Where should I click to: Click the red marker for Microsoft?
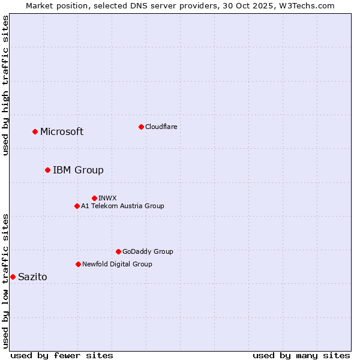[x=35, y=131]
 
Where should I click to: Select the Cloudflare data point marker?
[x=141, y=127]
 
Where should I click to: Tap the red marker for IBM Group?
[x=47, y=170]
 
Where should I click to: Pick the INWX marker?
[x=94, y=198]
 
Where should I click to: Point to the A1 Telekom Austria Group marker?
[x=77, y=206]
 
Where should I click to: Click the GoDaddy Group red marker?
[x=118, y=251]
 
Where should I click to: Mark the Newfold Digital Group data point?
[x=78, y=264]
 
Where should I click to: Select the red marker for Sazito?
[x=13, y=277]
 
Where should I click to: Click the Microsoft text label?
[x=62, y=132]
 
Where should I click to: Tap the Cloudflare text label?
[x=161, y=127]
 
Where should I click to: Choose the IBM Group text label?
[x=78, y=170]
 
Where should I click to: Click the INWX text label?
[x=107, y=198]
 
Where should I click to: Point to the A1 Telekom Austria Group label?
[x=122, y=206]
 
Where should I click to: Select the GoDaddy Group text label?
[x=148, y=251]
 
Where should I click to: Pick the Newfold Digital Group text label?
[x=117, y=264]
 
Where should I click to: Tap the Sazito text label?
[x=32, y=277]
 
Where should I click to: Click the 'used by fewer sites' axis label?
[x=62, y=355]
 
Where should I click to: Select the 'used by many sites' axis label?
[x=301, y=355]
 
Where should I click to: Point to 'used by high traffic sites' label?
[x=6, y=86]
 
